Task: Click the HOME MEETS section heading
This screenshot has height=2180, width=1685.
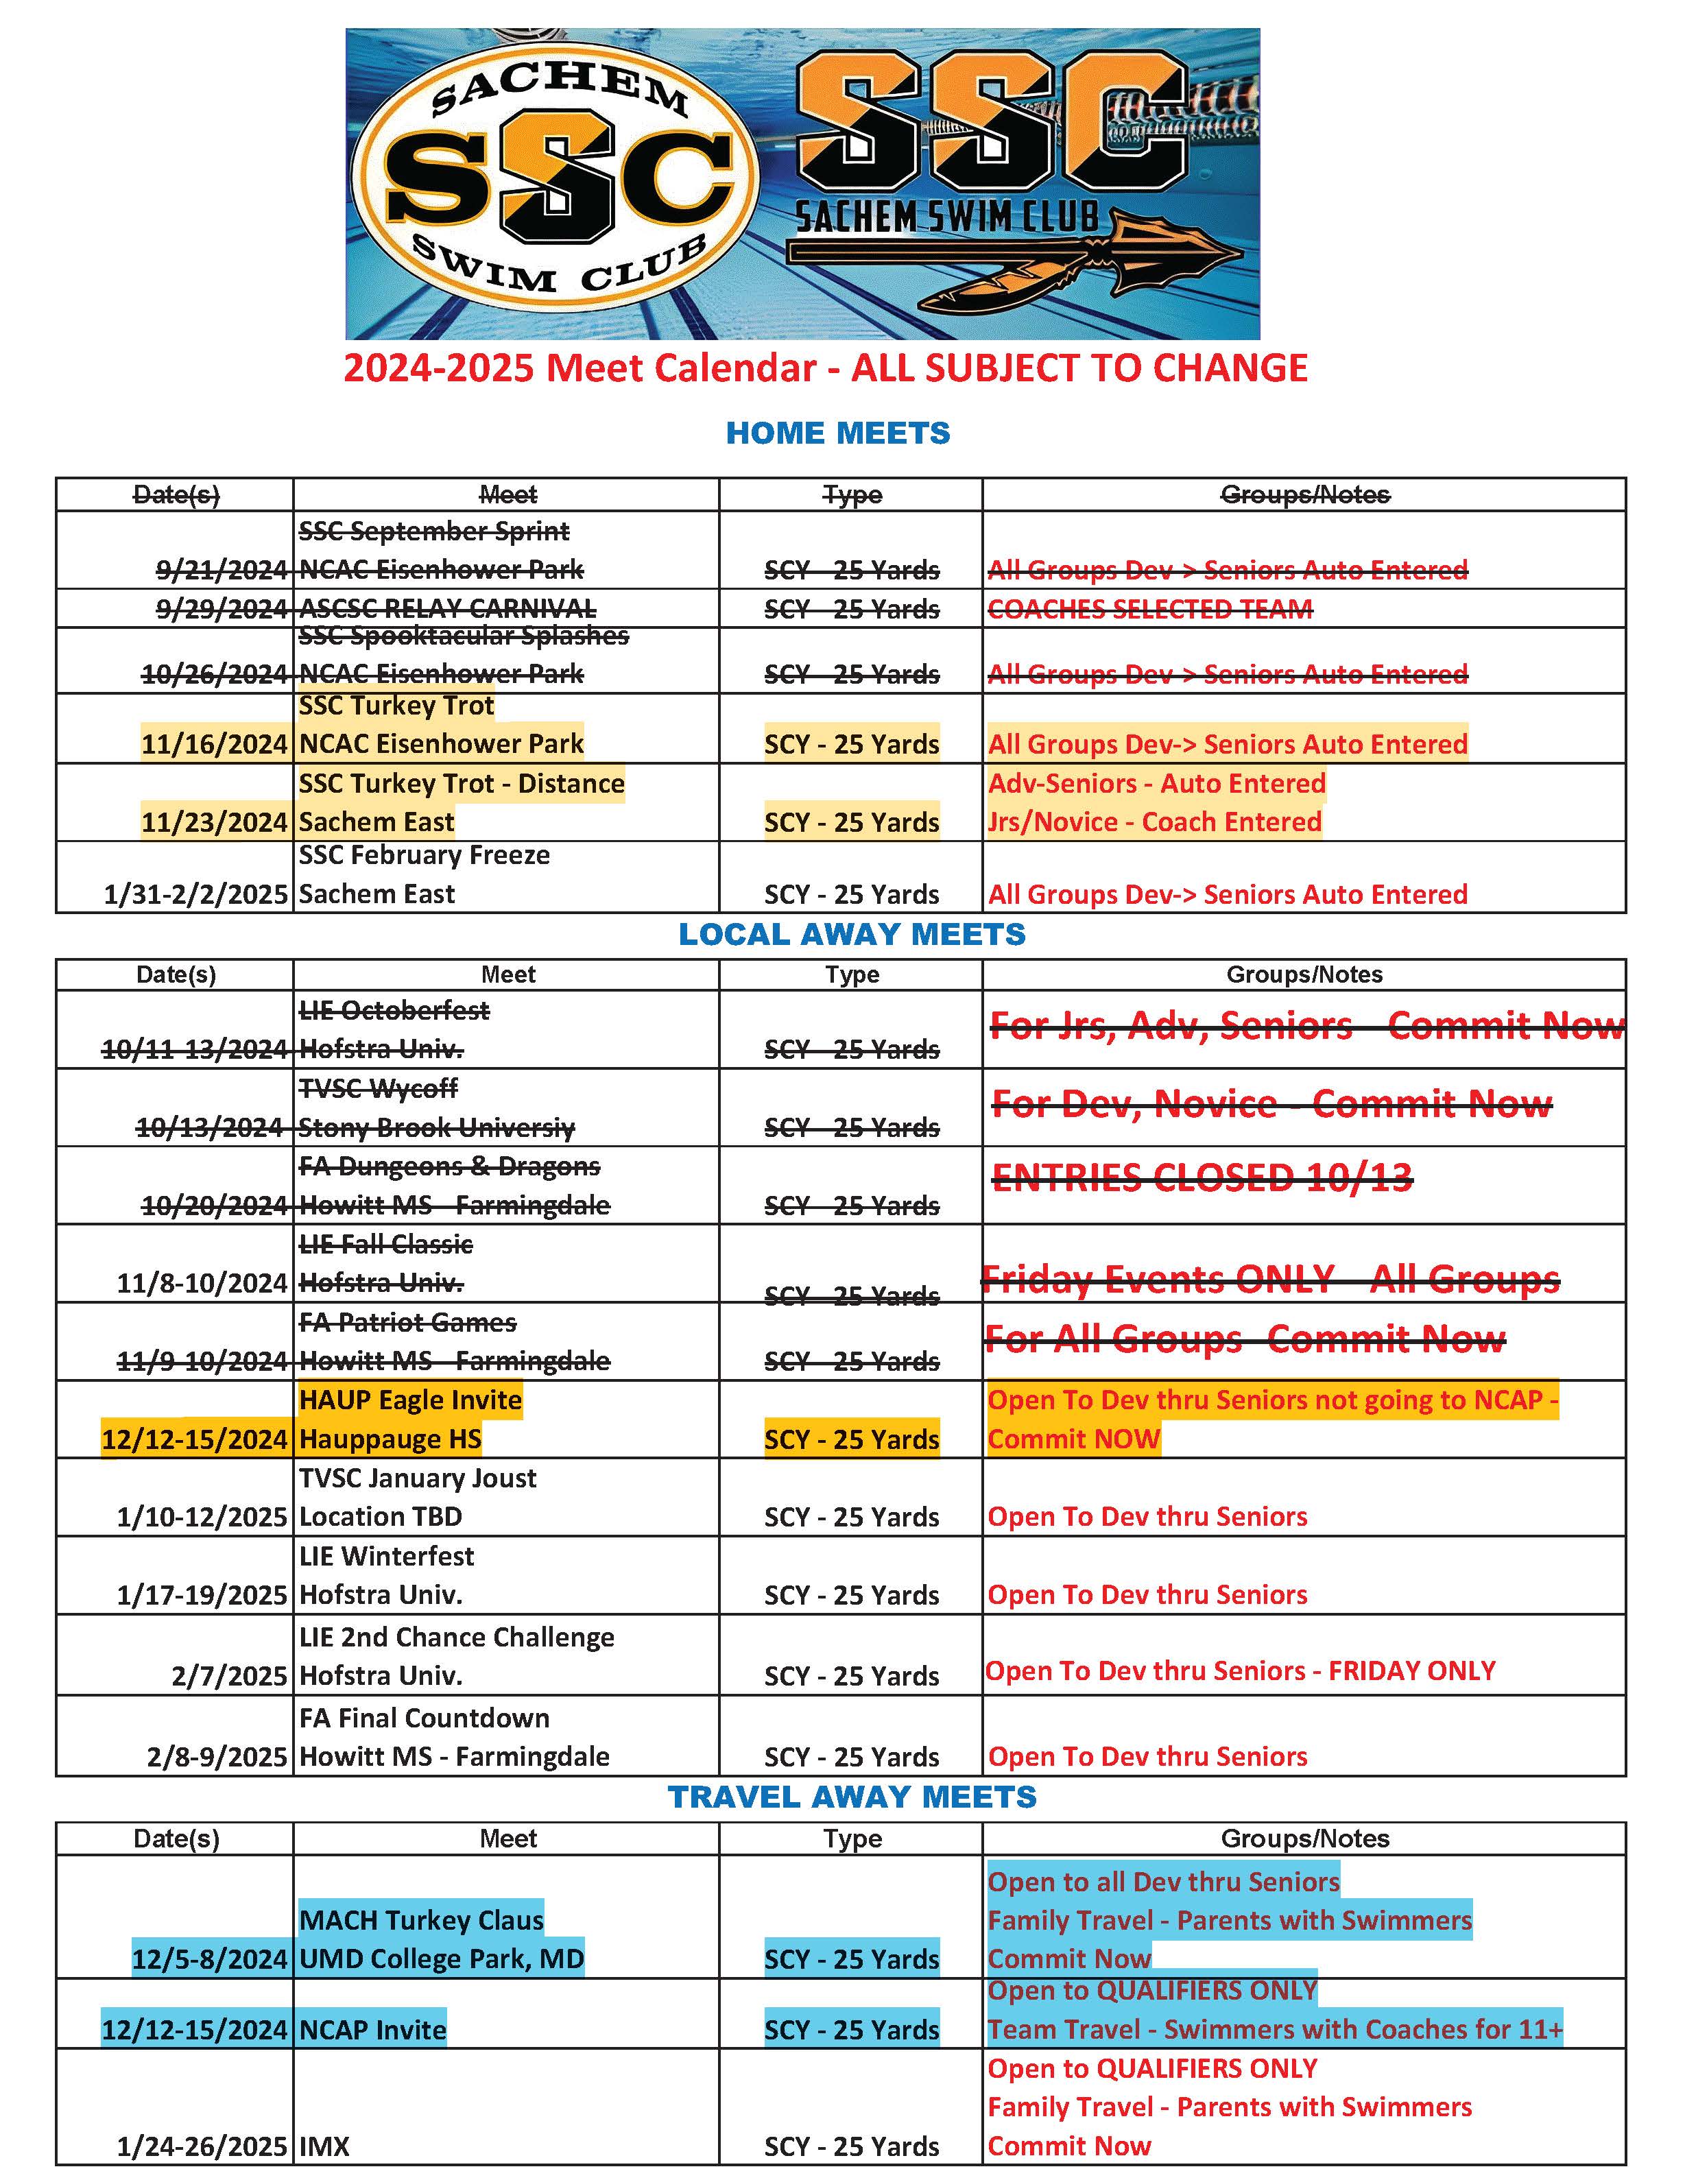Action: (837, 433)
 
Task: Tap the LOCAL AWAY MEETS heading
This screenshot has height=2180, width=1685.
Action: (852, 934)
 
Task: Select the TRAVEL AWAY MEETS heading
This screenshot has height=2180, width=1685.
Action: (852, 1797)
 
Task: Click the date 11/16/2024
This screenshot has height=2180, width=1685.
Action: (215, 745)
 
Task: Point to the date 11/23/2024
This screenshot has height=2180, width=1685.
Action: (215, 822)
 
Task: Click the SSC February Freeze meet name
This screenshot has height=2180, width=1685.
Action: (425, 855)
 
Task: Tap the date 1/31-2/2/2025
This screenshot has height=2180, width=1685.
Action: (195, 894)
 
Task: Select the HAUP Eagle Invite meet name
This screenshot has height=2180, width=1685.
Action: (410, 1400)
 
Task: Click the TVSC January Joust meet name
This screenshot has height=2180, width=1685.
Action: (417, 1478)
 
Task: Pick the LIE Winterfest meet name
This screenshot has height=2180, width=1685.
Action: (386, 1556)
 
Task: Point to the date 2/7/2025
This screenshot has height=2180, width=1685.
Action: (230, 1676)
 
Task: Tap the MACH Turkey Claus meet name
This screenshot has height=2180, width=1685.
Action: (421, 1921)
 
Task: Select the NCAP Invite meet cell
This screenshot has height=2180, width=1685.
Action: (372, 2031)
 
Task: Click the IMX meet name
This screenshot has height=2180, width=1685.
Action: (324, 2147)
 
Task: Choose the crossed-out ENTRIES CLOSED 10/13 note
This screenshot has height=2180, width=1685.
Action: (1202, 1178)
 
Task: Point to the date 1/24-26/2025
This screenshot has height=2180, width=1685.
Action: (202, 2147)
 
